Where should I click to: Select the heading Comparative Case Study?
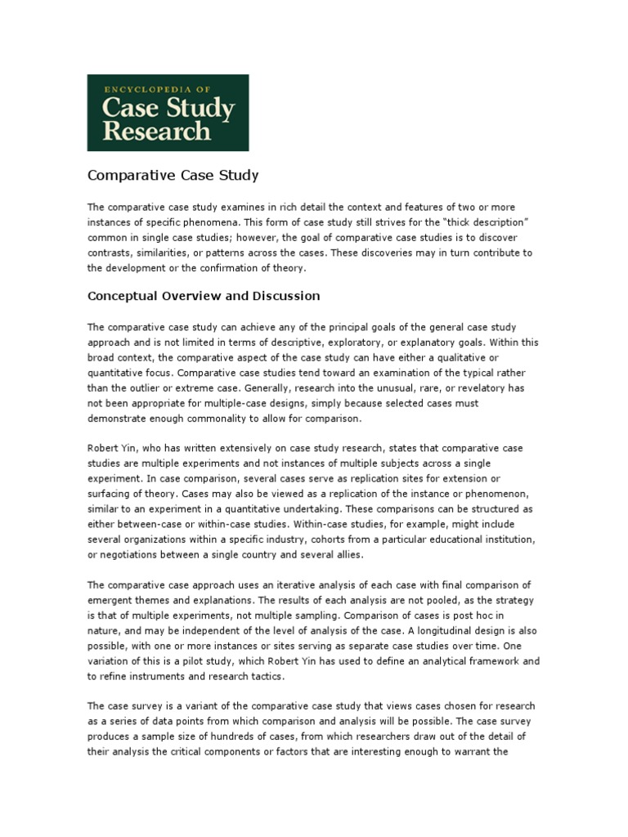(x=173, y=175)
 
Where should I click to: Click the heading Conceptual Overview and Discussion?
(x=204, y=295)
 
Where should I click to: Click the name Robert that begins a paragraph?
(x=105, y=448)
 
